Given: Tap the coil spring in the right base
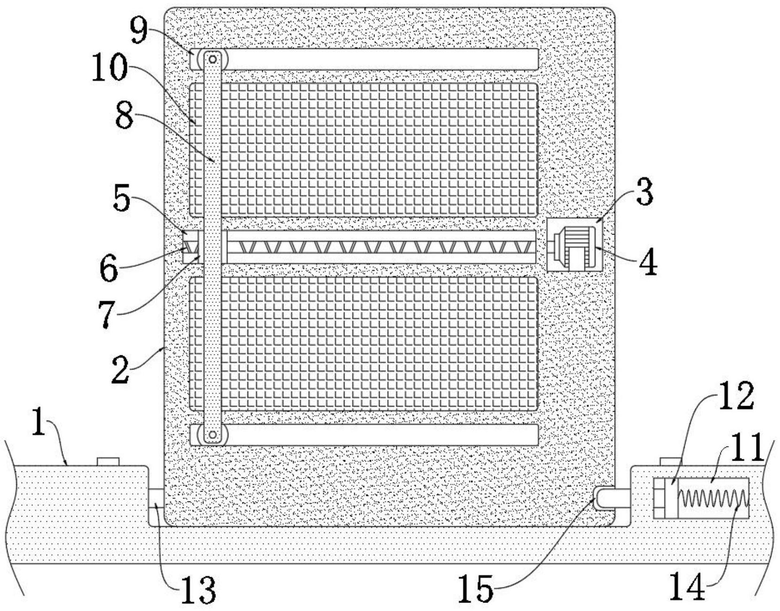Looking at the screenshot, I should pos(712,498).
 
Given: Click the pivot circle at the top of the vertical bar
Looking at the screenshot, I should pos(212,59).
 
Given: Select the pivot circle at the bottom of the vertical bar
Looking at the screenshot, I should pos(212,435).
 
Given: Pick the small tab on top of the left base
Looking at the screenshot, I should pos(108,461).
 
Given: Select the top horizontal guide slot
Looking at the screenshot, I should pos(381,59).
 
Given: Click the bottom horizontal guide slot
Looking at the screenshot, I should pos(381,435).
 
